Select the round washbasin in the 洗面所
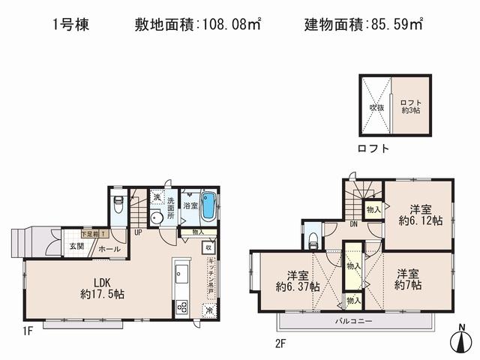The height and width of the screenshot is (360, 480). pyautogui.click(x=155, y=219)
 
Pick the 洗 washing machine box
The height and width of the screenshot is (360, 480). pyautogui.click(x=157, y=196)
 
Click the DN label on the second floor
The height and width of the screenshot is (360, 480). pyautogui.click(x=352, y=223)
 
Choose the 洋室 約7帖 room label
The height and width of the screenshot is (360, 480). pyautogui.click(x=409, y=279)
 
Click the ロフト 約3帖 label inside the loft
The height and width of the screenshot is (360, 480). pyautogui.click(x=409, y=106)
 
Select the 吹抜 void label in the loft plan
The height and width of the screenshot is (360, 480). pyautogui.click(x=375, y=106)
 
